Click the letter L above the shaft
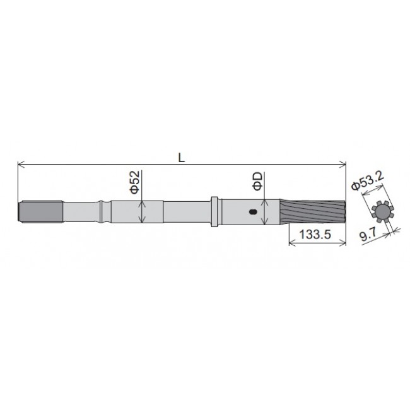(181, 158)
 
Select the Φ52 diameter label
(134, 181)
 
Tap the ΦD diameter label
(258, 182)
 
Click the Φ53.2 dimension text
(367, 182)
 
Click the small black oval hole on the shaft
(253, 213)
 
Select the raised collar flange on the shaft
(216, 211)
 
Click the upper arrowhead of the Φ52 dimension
(144, 202)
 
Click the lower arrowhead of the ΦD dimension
(269, 223)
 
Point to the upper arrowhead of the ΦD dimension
(269, 201)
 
